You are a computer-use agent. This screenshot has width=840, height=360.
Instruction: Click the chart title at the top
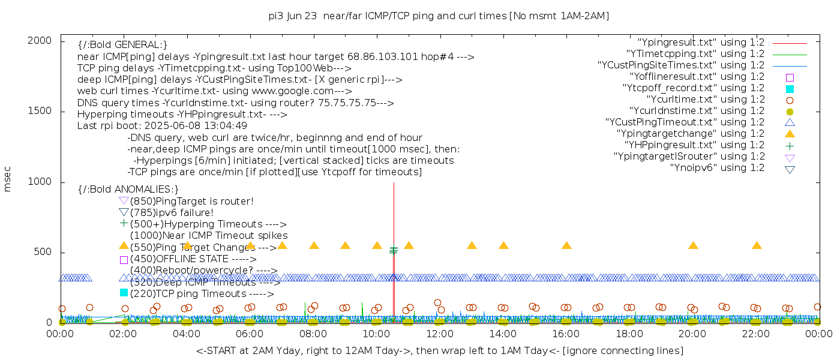(x=439, y=16)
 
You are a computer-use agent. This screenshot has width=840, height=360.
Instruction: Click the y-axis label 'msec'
(x=8, y=179)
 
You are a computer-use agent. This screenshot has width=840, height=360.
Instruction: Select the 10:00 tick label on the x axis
(x=376, y=334)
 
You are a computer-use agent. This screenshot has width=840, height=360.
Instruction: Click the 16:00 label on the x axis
(x=566, y=334)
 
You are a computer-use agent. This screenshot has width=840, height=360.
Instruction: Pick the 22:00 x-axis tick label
(x=756, y=334)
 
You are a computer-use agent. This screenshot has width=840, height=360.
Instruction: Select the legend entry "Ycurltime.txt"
(x=705, y=100)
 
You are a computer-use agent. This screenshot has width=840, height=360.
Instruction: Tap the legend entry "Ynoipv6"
(x=717, y=168)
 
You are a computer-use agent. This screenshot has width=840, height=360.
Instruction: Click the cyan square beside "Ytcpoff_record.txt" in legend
(x=790, y=89)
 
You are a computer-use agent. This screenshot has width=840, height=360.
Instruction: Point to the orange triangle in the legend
(x=790, y=134)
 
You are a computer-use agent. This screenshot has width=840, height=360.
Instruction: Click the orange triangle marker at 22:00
(x=757, y=245)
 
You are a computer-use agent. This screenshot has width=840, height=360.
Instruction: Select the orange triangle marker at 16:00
(x=566, y=245)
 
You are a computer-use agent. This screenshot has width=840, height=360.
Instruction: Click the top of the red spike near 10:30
(x=393, y=184)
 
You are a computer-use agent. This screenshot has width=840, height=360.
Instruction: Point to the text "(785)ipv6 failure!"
(x=172, y=212)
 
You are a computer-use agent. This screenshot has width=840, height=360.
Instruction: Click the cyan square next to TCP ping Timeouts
(x=124, y=292)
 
